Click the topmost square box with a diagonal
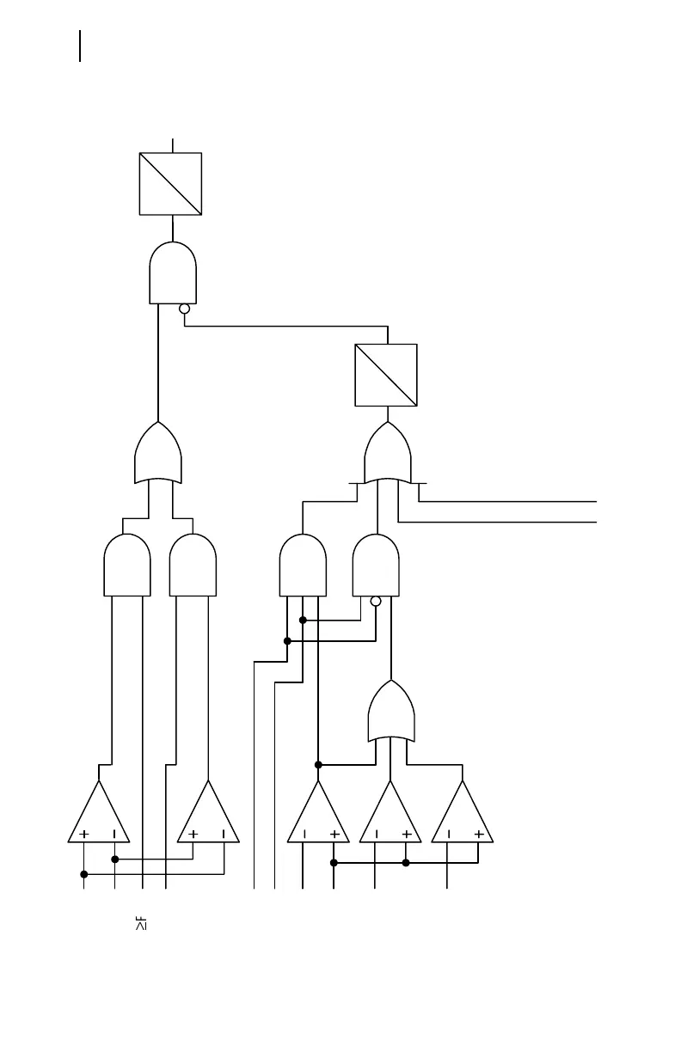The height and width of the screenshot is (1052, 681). pos(170,184)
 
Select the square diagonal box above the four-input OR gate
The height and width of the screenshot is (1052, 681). pos(386,375)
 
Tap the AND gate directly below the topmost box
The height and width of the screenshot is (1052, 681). pos(173,273)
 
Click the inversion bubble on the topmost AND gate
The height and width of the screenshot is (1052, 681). pos(184,309)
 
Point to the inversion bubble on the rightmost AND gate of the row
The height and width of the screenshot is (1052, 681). pos(375,601)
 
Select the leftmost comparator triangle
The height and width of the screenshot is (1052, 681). pos(99,815)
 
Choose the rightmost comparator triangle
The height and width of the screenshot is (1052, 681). pos(463,815)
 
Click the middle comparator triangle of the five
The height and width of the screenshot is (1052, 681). pos(318,815)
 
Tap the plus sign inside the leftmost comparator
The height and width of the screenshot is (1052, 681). pos(84,834)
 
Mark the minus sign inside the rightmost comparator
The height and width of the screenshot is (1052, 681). pos(448,834)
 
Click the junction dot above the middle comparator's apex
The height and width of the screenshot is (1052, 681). pos(318,764)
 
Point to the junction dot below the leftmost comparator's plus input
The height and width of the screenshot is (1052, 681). pos(83,874)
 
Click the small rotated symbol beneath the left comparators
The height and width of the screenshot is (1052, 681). pos(139,924)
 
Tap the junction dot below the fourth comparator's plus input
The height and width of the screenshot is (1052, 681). pos(406,862)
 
